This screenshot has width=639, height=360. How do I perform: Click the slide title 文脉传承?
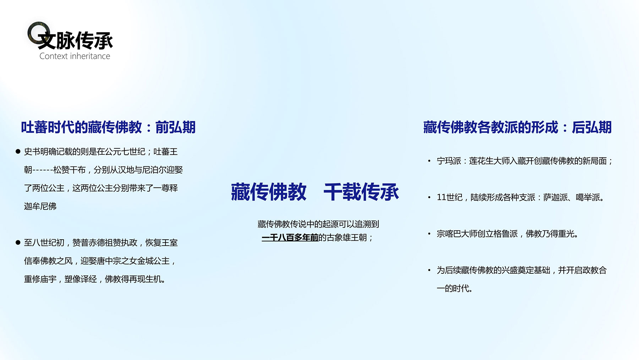click(75, 40)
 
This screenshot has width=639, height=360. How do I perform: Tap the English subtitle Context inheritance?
click(75, 56)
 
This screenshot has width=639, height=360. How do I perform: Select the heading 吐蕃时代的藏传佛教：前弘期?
click(108, 127)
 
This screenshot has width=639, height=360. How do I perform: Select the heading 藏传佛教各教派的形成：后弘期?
click(517, 127)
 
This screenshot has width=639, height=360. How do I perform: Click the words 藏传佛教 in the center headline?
click(269, 192)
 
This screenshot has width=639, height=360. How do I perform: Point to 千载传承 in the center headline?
click(361, 192)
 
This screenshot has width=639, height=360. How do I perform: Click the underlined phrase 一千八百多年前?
click(290, 238)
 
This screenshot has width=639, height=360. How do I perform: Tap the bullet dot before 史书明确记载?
click(18, 152)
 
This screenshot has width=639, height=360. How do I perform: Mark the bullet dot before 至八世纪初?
click(18, 242)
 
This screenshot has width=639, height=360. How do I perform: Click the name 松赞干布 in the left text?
click(70, 170)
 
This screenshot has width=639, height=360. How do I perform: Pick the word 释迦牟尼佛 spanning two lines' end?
click(40, 206)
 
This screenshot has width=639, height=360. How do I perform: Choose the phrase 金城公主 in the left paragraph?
click(153, 261)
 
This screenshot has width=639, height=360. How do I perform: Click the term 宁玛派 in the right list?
click(449, 161)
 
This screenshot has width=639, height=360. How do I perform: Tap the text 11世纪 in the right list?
click(450, 197)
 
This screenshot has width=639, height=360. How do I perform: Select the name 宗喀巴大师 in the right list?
click(457, 234)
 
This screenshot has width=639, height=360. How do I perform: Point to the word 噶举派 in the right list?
click(588, 197)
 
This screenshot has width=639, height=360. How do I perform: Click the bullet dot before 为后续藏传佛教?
click(429, 270)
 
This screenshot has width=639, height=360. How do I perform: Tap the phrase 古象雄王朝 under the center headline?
click(347, 238)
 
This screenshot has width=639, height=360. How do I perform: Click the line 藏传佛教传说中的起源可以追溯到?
click(318, 224)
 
